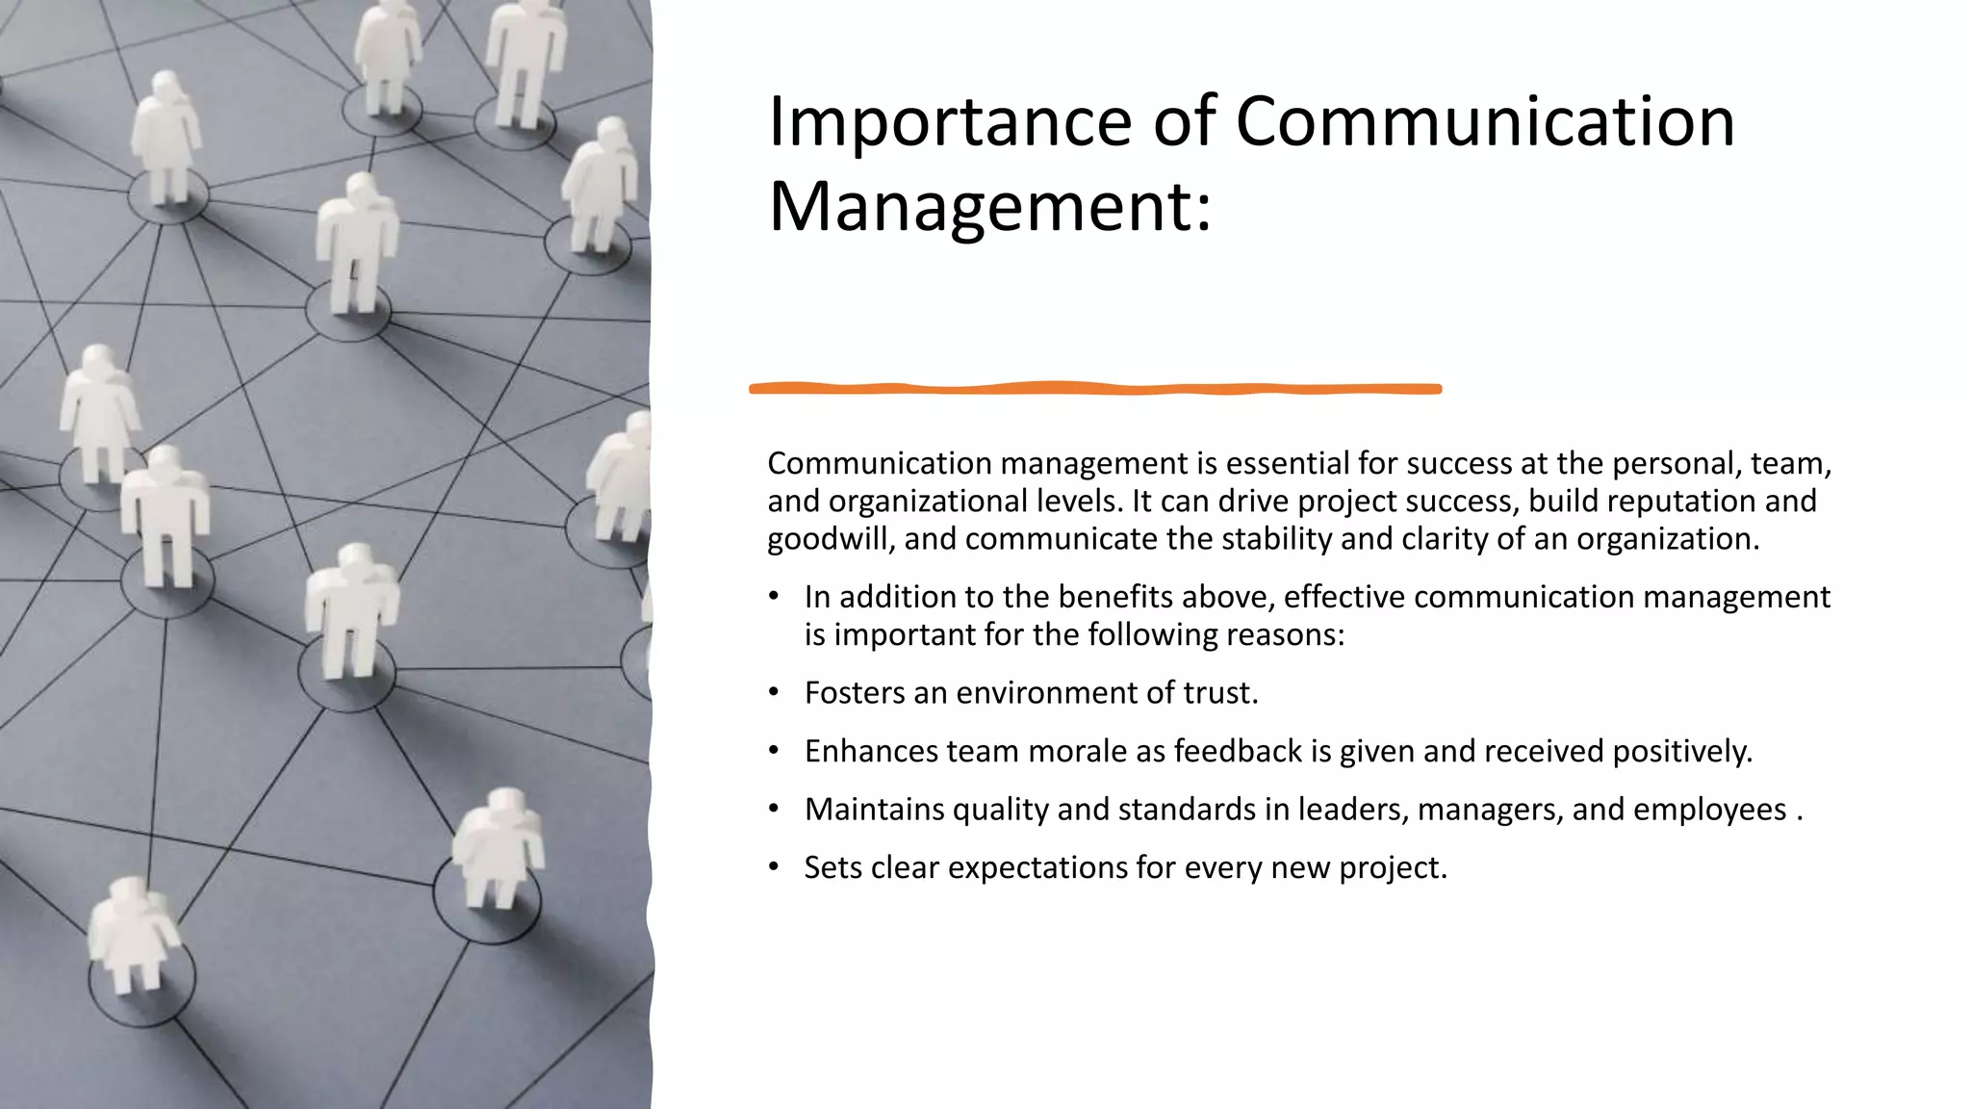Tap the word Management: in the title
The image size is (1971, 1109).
988,206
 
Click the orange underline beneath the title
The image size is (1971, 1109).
1094,389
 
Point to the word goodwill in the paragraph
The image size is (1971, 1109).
831,539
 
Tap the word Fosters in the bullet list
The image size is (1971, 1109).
855,693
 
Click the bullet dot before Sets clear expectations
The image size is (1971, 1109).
774,866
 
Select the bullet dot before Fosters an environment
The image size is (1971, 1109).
774,692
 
